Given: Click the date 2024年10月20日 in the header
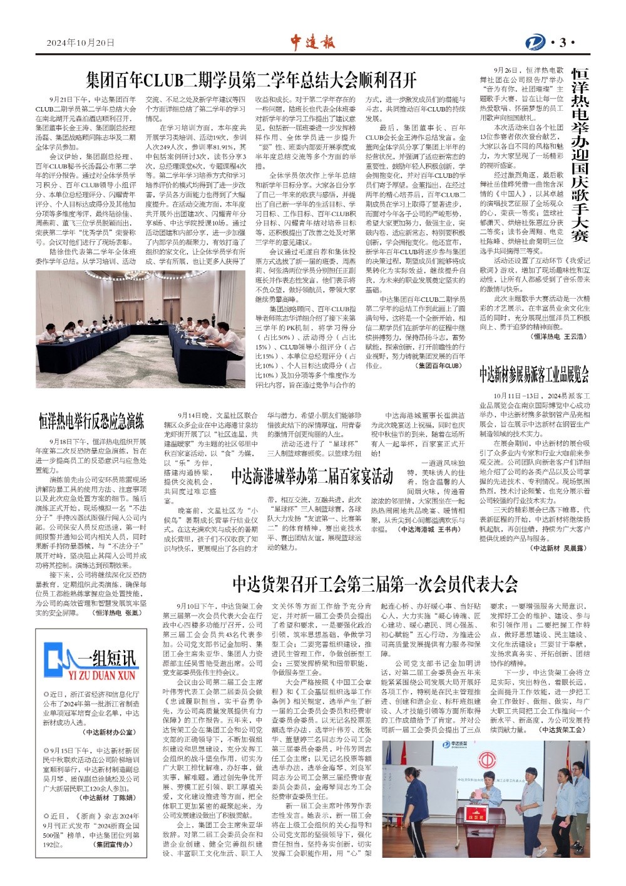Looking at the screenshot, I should (81, 43).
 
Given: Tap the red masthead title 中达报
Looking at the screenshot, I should (312, 43).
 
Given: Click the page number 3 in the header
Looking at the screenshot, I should (563, 43).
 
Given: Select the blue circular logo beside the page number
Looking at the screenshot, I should (535, 43).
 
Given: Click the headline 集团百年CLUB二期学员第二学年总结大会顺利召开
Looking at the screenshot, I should (251, 80).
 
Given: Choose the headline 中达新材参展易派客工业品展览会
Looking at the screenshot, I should (534, 374).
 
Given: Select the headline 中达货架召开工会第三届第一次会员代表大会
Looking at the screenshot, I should (375, 584).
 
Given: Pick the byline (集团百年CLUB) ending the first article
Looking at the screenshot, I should (439, 366).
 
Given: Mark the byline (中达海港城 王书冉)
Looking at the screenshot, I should (431, 529).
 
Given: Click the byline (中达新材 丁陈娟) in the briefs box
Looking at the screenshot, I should (108, 798).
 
